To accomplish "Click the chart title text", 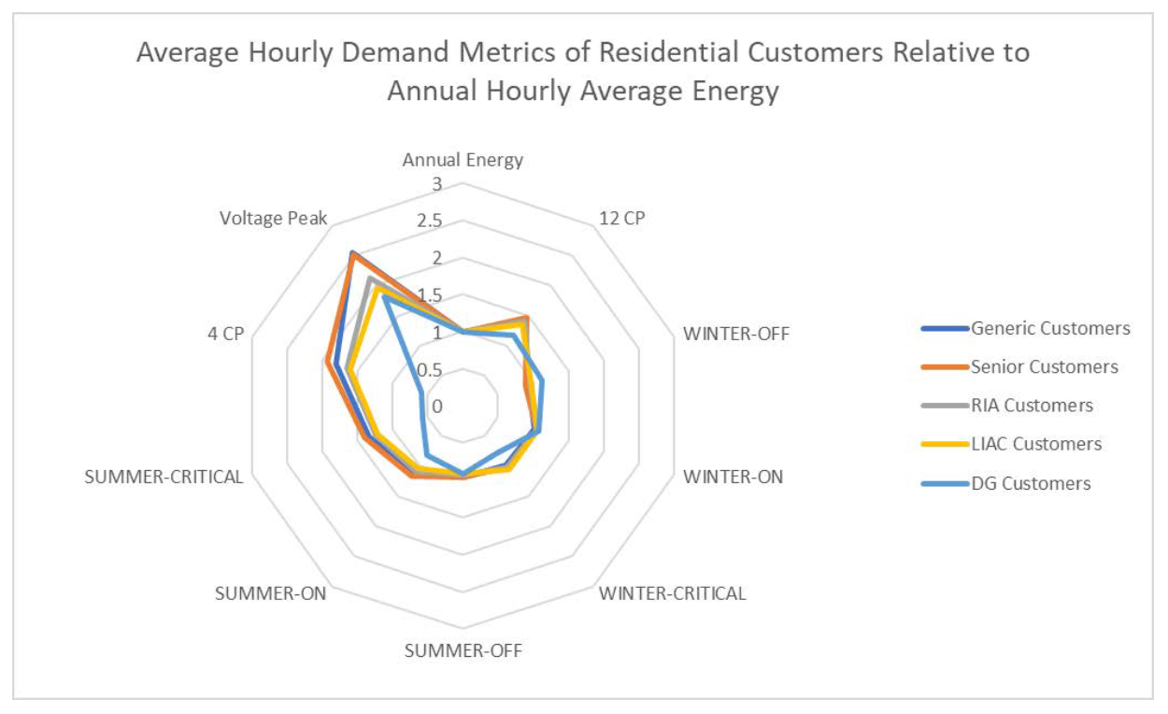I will click(583, 73).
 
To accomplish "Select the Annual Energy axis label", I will click(463, 160).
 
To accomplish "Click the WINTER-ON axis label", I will click(733, 477).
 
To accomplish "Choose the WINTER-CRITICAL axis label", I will click(672, 593).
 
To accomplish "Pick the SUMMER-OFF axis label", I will click(463, 650).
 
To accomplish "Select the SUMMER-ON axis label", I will click(270, 593).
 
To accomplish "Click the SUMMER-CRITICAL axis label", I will click(164, 477).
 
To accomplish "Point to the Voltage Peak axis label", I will click(274, 219).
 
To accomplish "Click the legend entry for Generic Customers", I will click(1050, 328).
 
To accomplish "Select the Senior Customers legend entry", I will click(1044, 366).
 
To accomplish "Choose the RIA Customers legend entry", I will click(1032, 406).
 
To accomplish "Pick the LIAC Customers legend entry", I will click(1036, 444).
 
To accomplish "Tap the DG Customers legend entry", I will click(1031, 483).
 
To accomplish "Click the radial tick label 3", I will click(436, 184).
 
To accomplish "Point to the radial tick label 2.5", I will click(430, 221).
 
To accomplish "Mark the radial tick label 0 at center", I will click(436, 407).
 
